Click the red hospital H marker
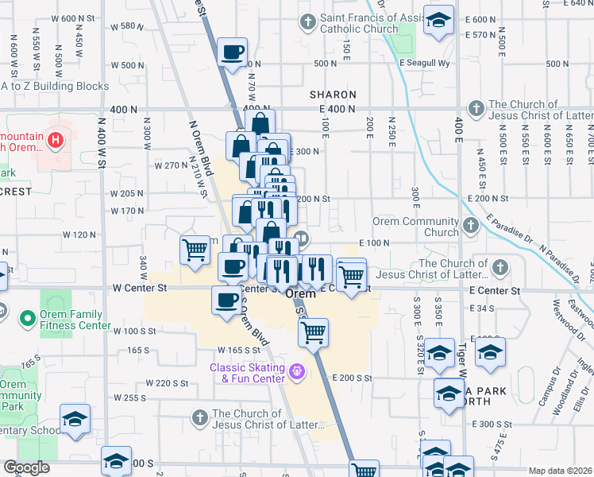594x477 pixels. coord(56,142)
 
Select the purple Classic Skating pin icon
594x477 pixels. coord(297,371)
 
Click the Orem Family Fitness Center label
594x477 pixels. coord(76,320)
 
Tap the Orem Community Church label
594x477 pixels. coord(419,227)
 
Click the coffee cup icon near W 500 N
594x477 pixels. coord(233,53)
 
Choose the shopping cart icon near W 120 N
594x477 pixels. coord(195,250)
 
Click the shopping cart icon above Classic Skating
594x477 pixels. coord(314,331)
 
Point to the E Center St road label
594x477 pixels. coord(494,292)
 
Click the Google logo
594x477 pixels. coord(26,467)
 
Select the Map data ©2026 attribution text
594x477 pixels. coord(561,471)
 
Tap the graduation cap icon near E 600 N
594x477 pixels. coord(438,21)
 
